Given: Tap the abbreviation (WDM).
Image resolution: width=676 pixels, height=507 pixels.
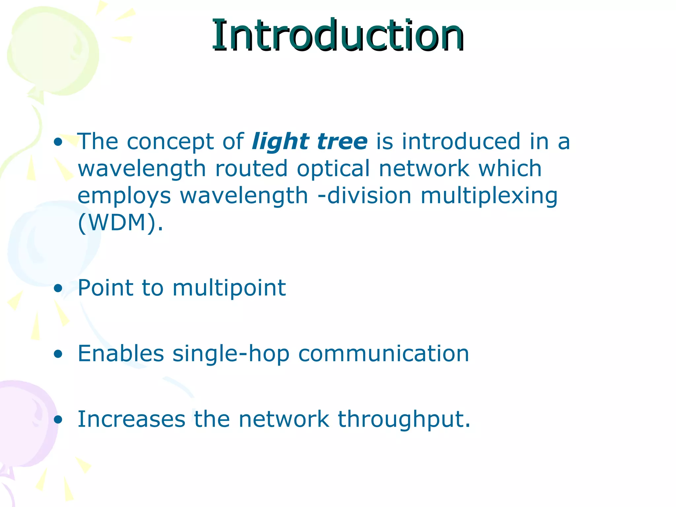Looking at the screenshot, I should (120, 223).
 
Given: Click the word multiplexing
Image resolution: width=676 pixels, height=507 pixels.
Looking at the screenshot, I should (489, 196).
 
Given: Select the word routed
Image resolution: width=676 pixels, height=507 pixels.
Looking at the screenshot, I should (252, 169).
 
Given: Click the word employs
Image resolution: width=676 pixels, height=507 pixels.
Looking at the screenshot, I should (124, 196).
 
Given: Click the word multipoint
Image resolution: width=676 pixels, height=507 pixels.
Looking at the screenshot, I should (229, 288).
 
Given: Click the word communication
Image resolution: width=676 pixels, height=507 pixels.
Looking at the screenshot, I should (384, 354).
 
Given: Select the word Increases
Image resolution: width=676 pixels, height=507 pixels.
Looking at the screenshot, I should (131, 419).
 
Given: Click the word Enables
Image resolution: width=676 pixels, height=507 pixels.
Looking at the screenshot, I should (121, 353).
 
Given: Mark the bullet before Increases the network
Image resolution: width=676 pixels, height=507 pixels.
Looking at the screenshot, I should (58, 420).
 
